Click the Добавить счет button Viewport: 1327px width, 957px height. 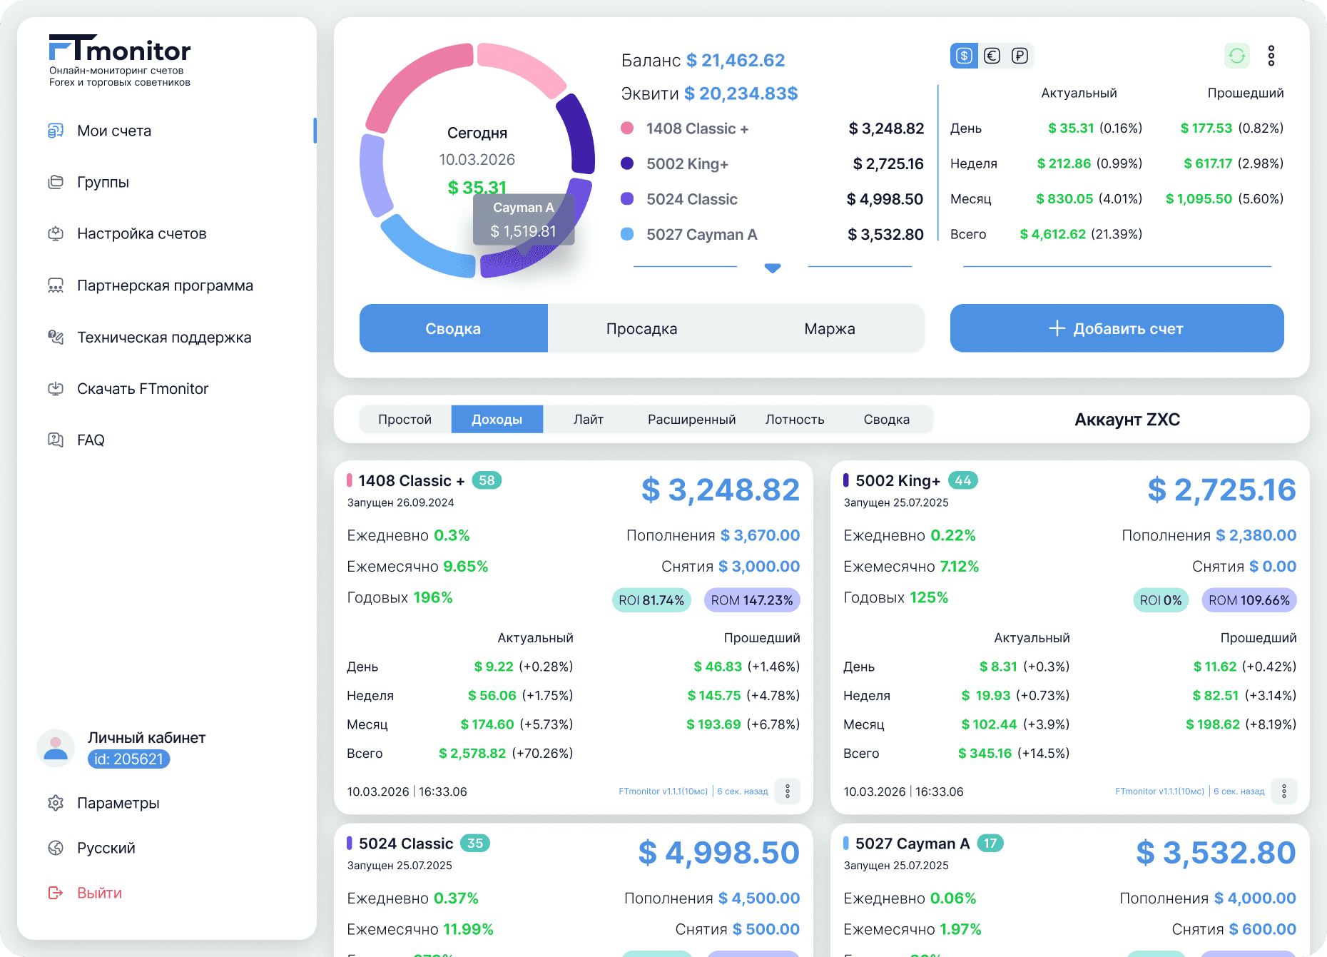1117,328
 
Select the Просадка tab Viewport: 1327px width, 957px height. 641,328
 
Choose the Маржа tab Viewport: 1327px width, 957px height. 829,328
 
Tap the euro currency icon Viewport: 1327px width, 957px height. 992,56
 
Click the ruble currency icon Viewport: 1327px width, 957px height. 1020,56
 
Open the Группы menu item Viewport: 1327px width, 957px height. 103,182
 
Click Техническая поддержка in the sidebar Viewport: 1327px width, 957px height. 164,337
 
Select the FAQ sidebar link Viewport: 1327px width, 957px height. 91,440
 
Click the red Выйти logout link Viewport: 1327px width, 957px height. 99,893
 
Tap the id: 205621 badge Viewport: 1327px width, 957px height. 128,759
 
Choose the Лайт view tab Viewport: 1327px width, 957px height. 588,420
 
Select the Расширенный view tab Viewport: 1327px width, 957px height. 691,420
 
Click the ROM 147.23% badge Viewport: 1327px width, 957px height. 752,600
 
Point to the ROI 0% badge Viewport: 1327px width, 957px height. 1161,600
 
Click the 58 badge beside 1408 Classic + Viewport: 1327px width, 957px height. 487,480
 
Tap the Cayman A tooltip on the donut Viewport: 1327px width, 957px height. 524,219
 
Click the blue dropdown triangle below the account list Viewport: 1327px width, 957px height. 772,268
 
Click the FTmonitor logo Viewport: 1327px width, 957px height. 120,50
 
